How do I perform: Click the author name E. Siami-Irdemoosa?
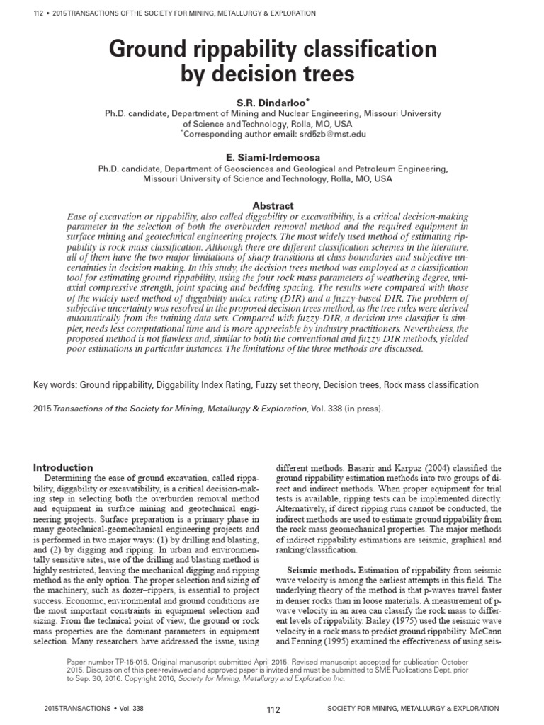(x=273, y=158)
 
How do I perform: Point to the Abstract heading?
(x=273, y=205)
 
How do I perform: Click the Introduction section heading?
(x=64, y=467)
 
